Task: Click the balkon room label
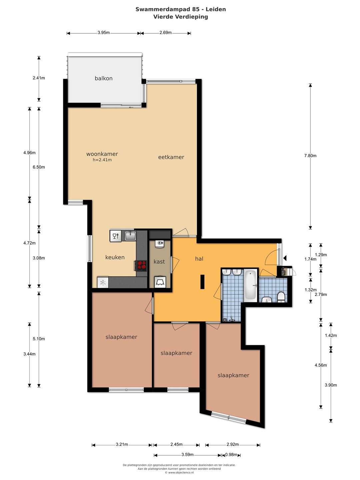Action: click(x=104, y=78)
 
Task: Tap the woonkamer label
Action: click(x=102, y=154)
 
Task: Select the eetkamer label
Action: click(x=171, y=157)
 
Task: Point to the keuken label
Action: click(x=115, y=257)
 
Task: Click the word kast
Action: click(x=159, y=262)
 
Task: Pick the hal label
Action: click(x=199, y=259)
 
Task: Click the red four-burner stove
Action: click(x=141, y=265)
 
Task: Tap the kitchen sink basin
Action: click(x=130, y=236)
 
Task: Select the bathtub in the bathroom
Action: click(x=250, y=286)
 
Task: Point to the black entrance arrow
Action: click(x=285, y=258)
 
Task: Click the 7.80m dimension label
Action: click(x=310, y=156)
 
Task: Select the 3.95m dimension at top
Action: click(x=104, y=33)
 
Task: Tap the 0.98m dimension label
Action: click(x=231, y=455)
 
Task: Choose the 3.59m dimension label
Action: click(x=187, y=455)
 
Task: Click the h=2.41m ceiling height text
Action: click(x=102, y=160)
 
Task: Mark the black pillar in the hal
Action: click(x=202, y=282)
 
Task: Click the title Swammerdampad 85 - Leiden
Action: click(x=181, y=9)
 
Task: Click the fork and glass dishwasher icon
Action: click(x=115, y=236)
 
